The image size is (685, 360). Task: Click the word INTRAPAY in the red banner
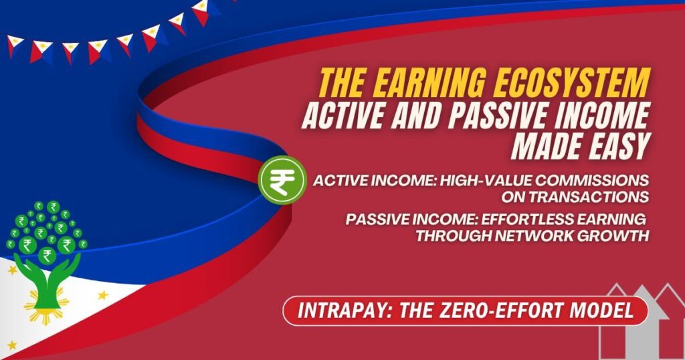341,310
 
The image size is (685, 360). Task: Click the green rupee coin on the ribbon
282,179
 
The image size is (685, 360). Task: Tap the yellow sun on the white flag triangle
47,309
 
